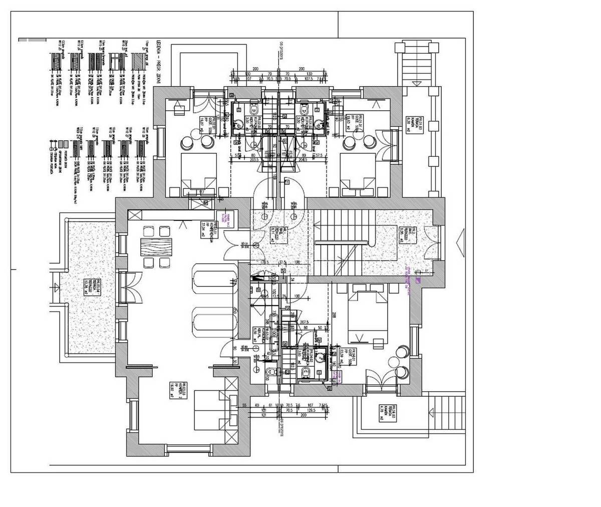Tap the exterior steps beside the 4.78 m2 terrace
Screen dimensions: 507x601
447,416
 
